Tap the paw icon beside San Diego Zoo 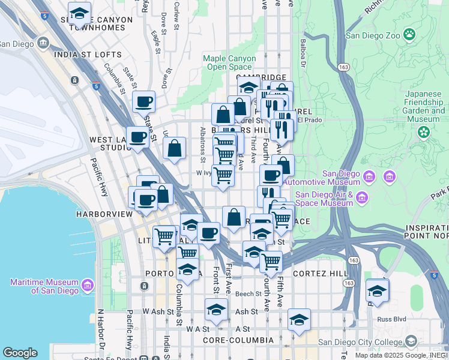[x=410, y=34]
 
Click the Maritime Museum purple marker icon [x=88, y=283]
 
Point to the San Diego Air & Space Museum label [x=324, y=199]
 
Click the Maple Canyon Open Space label [x=229, y=62]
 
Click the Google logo [x=20, y=352]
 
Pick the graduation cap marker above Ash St [x=216, y=310]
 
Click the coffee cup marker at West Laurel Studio [x=137, y=137]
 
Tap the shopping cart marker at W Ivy [x=223, y=176]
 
